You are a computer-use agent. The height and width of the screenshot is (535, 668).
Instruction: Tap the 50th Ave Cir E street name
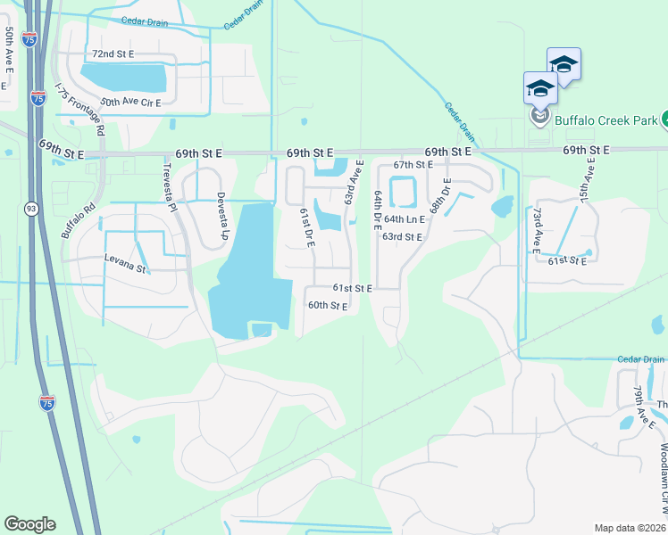click(x=130, y=103)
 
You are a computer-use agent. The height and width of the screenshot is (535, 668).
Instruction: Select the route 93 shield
click(x=31, y=209)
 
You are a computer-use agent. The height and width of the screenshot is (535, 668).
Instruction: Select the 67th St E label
click(x=413, y=165)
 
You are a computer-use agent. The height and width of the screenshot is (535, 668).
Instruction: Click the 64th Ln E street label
click(x=405, y=218)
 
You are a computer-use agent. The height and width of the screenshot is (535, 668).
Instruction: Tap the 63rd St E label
click(x=401, y=236)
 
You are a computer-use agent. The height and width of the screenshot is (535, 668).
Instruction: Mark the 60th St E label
click(x=327, y=305)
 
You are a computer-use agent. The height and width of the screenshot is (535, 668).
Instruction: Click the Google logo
click(x=29, y=524)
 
